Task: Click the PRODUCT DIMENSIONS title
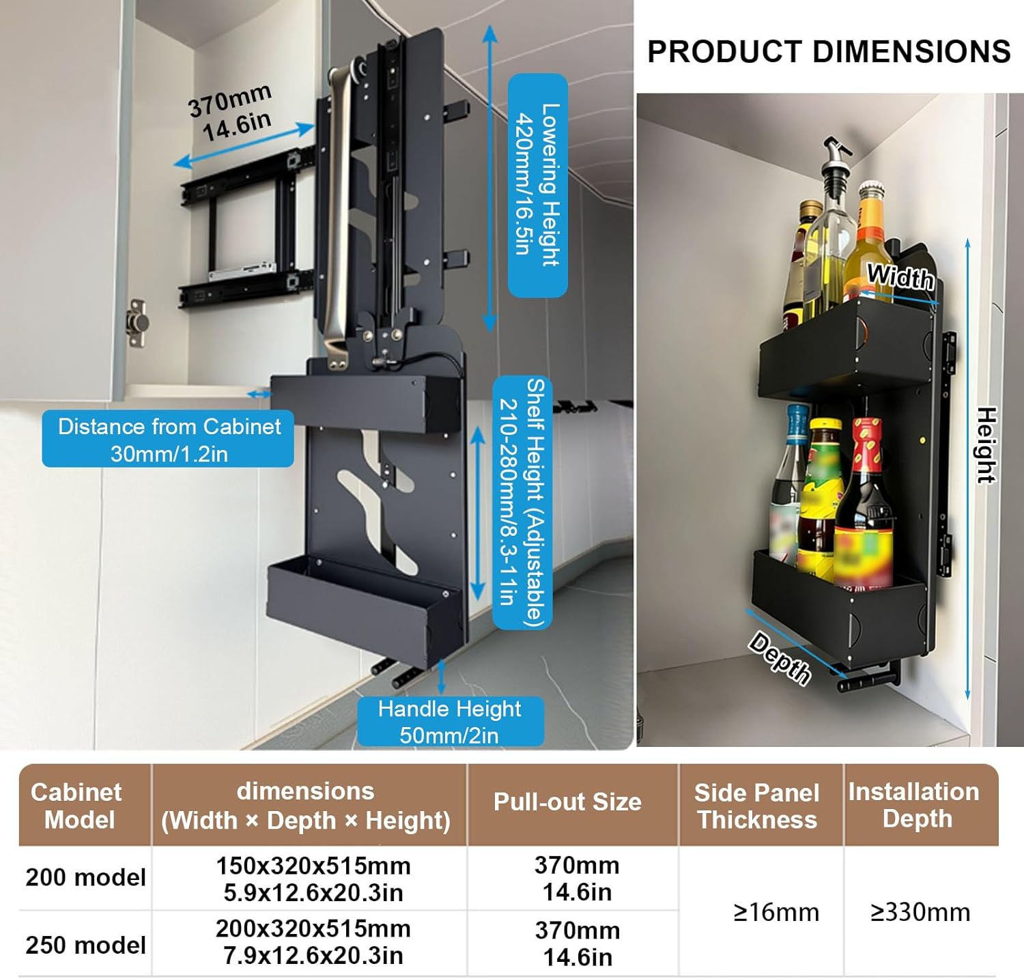pyautogui.click(x=829, y=52)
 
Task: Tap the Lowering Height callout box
pyautogui.click(x=538, y=185)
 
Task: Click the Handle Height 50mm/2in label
pyautogui.click(x=450, y=722)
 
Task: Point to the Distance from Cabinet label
pyautogui.click(x=169, y=439)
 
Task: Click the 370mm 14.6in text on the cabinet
pyautogui.click(x=231, y=113)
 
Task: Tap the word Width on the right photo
pyautogui.click(x=900, y=277)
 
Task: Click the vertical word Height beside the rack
pyautogui.click(x=986, y=445)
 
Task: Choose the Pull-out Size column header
pyautogui.click(x=567, y=802)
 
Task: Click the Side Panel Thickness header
pyautogui.click(x=757, y=806)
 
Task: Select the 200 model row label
pyautogui.click(x=85, y=877)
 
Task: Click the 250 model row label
pyautogui.click(x=85, y=945)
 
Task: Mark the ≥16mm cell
pyautogui.click(x=776, y=912)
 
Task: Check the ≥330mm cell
pyautogui.click(x=920, y=912)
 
